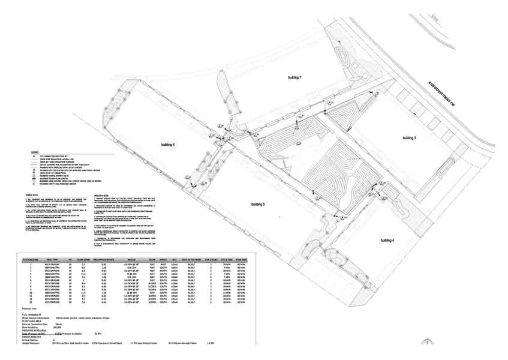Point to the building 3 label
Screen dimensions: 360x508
coord(410,138)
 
